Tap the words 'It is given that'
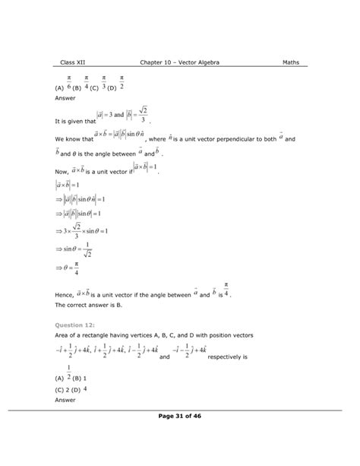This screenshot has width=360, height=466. (74, 121)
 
